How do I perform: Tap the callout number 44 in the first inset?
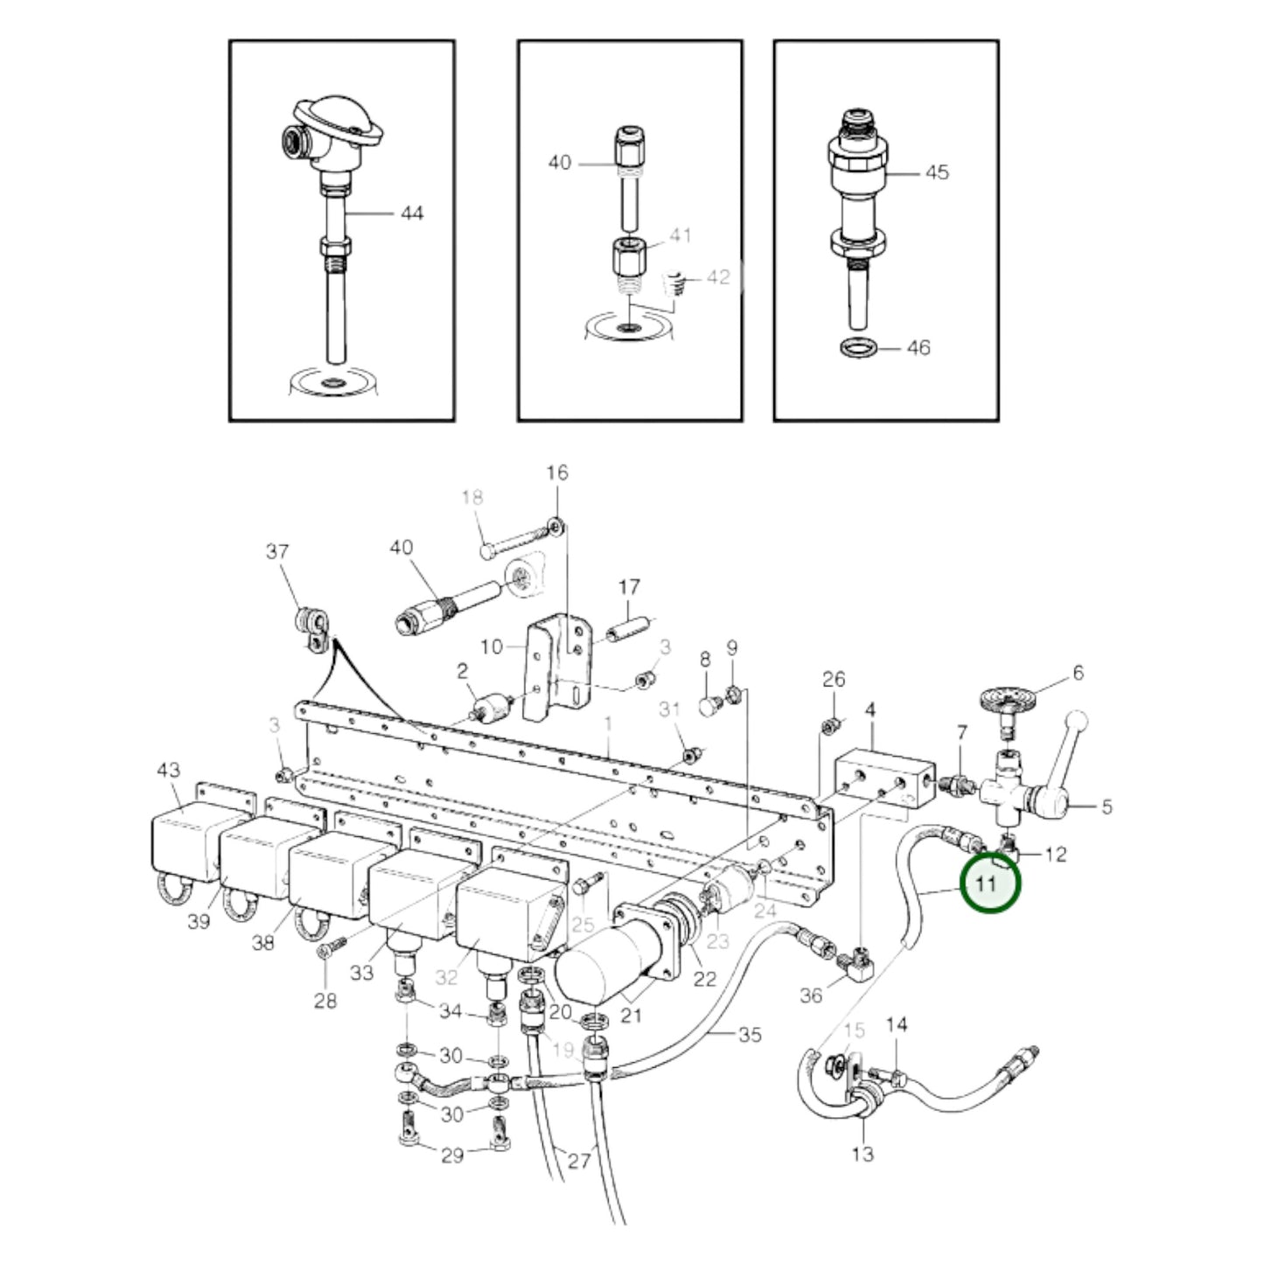[411, 213]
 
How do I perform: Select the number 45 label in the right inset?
[937, 172]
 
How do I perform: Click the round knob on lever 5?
[1077, 722]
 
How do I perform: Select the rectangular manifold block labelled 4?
[883, 777]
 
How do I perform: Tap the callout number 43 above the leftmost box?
[168, 770]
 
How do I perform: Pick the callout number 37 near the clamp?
[277, 552]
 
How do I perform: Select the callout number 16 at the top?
[557, 473]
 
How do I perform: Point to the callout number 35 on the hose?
[750, 1035]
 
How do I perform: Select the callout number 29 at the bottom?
[451, 1156]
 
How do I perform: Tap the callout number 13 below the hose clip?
[862, 1154]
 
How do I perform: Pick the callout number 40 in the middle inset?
[559, 163]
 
